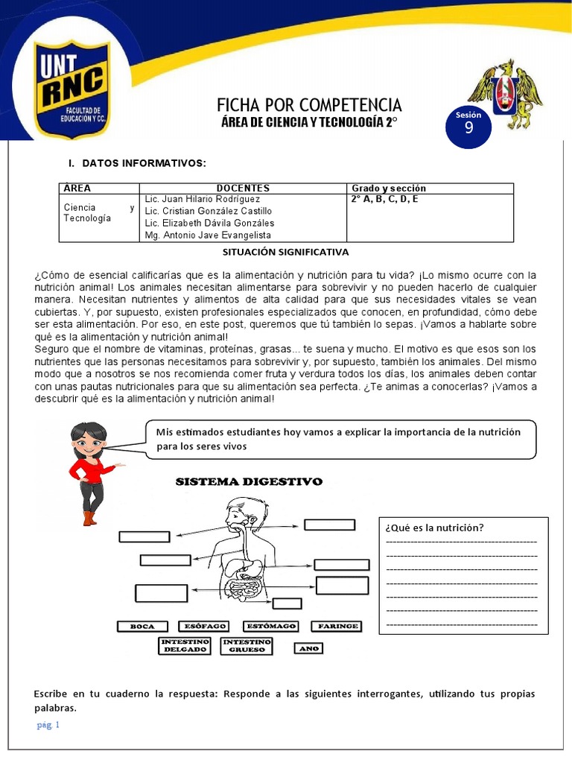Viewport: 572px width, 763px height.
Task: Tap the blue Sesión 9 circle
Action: pos(468,125)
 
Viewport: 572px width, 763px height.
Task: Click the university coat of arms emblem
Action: pos(505,94)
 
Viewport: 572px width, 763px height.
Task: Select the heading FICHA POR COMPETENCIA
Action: pos(308,104)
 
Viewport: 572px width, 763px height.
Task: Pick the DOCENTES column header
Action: pos(243,189)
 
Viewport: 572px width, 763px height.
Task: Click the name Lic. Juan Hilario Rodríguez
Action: pos(203,200)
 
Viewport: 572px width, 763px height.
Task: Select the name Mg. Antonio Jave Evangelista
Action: pos(208,235)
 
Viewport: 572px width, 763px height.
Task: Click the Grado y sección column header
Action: pos(389,189)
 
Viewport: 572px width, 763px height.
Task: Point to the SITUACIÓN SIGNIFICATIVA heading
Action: pos(286,253)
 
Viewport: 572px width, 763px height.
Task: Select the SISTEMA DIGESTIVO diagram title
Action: pos(249,482)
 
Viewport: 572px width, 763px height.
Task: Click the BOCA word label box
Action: pos(142,627)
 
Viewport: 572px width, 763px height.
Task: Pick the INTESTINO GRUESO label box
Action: pos(247,645)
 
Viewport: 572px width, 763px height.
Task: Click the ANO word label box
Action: pos(308,648)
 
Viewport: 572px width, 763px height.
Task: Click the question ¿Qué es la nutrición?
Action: pos(434,528)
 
